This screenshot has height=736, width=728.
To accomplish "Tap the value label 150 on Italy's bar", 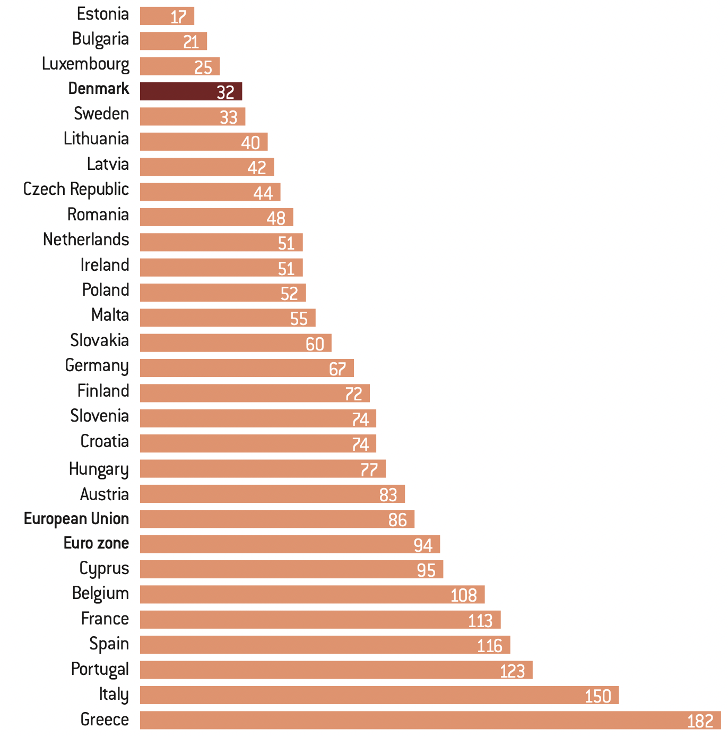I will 597,696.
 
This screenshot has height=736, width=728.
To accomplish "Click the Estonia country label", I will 102,14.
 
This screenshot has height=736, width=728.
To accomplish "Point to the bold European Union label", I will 76,519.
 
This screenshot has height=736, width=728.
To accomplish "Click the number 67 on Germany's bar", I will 337,369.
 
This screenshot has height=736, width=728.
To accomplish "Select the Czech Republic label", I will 76,189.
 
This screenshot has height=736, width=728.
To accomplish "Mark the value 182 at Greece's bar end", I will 700,721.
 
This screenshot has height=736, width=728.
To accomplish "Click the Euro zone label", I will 96,543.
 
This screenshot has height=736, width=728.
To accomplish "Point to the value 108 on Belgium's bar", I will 464,595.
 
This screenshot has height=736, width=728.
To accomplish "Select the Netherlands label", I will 86,239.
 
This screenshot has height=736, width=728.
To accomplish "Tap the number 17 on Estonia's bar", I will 178,17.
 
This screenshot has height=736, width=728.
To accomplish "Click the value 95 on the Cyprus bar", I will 426,570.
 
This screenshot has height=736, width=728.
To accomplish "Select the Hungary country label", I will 99,469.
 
